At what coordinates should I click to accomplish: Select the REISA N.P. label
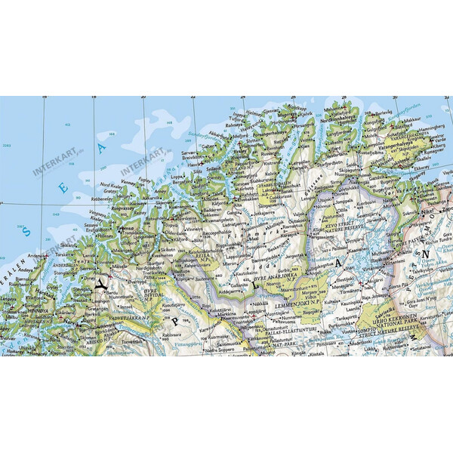tap(202, 256)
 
